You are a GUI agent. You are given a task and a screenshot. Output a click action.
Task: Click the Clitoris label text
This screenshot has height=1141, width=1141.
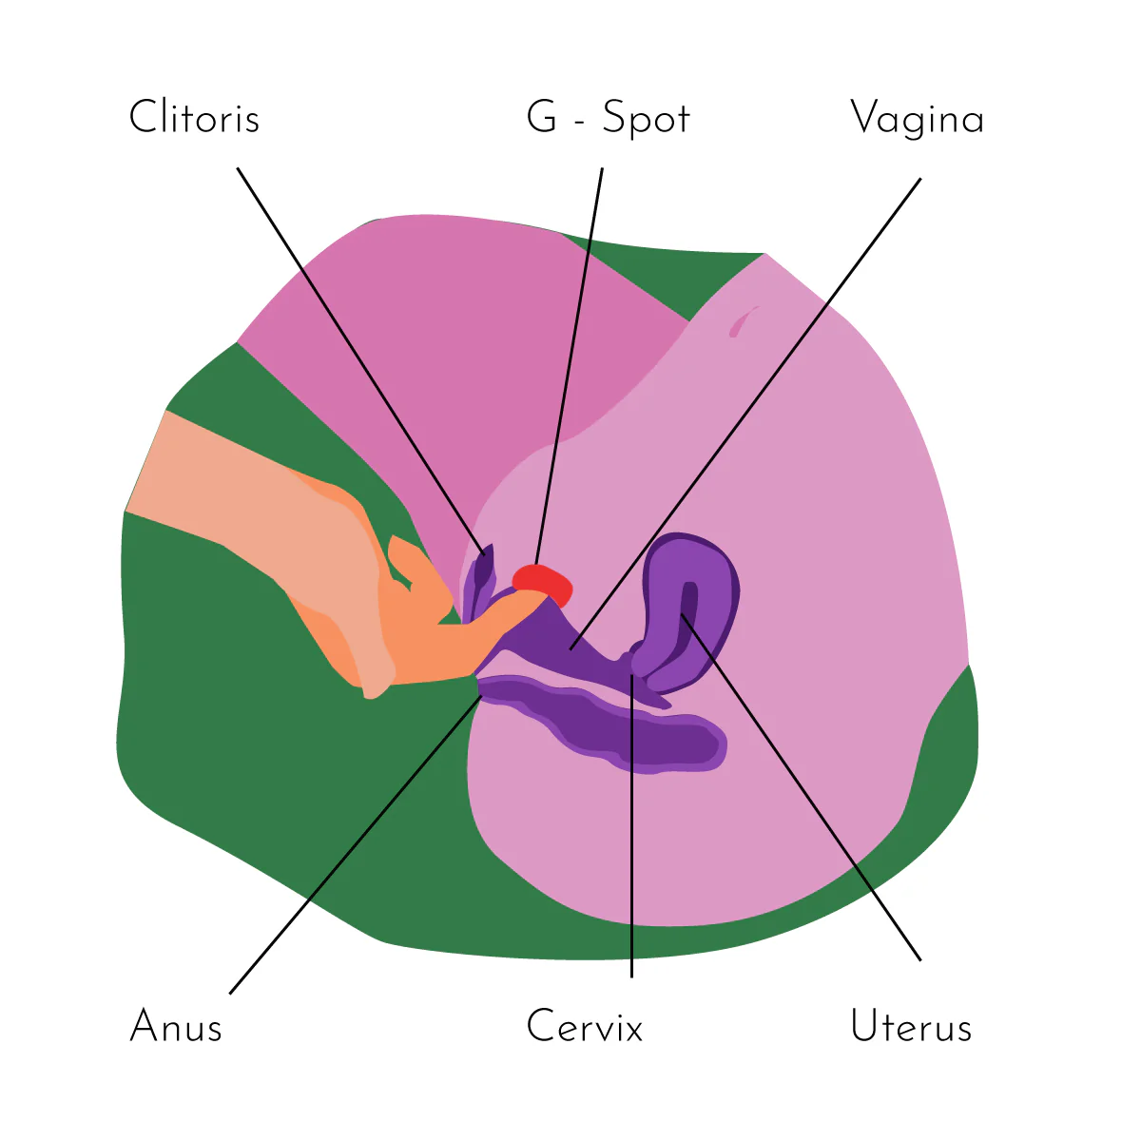coord(194,118)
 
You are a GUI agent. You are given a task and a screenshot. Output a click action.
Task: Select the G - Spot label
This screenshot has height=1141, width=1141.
coord(608,118)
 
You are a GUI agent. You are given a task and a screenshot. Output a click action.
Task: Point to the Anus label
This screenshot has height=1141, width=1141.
coord(176,1027)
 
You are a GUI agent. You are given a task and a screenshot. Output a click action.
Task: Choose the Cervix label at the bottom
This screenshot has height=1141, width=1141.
coord(585,1027)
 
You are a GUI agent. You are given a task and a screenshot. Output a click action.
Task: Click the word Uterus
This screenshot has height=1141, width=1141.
coord(911,1027)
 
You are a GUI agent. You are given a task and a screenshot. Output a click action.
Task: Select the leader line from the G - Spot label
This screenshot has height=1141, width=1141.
coord(570,361)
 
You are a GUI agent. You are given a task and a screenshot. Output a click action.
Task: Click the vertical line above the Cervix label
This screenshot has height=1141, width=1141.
coord(631,827)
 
